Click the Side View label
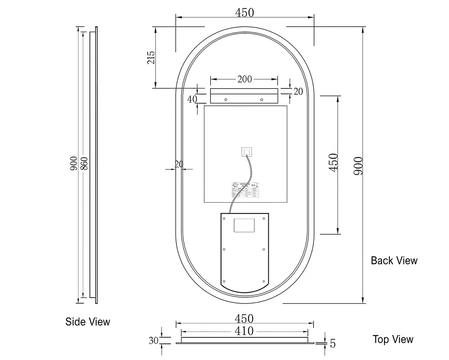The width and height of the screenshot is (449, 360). click(x=88, y=321)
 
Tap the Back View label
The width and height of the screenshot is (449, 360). click(x=394, y=260)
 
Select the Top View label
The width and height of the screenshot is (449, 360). click(x=393, y=339)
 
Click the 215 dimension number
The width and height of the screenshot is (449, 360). click(x=151, y=57)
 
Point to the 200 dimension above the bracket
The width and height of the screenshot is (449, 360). click(x=244, y=79)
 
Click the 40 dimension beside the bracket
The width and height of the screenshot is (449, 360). click(x=192, y=99)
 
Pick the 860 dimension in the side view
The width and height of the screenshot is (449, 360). click(x=84, y=163)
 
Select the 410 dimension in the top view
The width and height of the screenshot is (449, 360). click(x=244, y=331)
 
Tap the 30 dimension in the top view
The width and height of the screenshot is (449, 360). click(x=153, y=340)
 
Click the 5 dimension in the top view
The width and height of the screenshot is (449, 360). click(x=333, y=344)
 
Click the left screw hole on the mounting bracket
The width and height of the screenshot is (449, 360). click(x=225, y=100)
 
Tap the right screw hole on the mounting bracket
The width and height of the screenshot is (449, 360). click(x=261, y=100)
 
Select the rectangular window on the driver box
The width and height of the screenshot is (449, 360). click(x=244, y=225)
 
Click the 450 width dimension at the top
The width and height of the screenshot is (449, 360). click(x=244, y=13)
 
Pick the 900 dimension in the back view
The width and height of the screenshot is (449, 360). click(x=358, y=166)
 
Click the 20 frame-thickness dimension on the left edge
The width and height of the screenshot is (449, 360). click(x=179, y=164)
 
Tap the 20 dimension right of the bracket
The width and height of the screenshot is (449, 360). click(x=298, y=91)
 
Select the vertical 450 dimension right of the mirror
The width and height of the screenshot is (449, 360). click(x=334, y=162)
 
